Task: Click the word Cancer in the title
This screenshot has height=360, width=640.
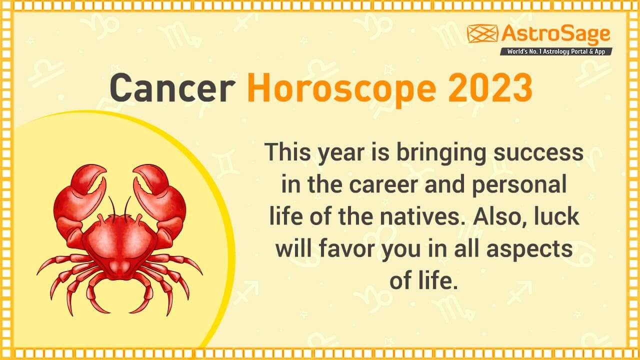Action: click(172, 87)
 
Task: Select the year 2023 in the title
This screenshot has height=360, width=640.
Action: click(490, 87)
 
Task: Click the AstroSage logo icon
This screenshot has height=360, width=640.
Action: click(482, 33)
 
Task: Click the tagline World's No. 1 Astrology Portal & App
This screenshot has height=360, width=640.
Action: click(556, 51)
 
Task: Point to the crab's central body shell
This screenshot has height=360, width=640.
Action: click(119, 245)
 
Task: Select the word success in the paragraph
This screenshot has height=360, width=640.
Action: click(538, 153)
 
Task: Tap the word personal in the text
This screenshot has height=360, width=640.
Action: click(519, 185)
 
